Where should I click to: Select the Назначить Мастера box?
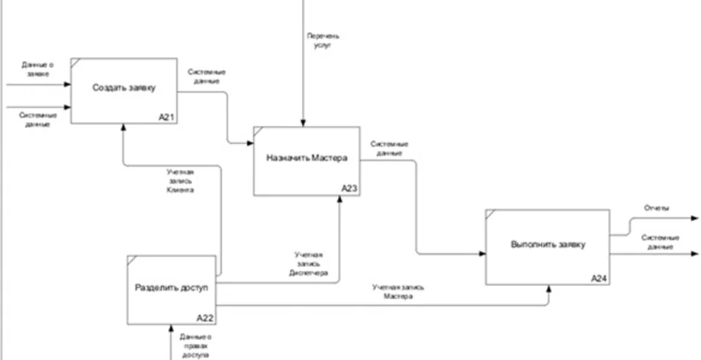pyautogui.click(x=307, y=159)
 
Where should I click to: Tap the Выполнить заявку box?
pyautogui.click(x=547, y=245)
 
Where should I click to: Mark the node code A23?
pyautogui.click(x=349, y=188)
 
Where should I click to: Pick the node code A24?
pyautogui.click(x=599, y=279)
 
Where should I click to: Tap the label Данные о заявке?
pyautogui.click(x=37, y=69)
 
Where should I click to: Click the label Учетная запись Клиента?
pyautogui.click(x=180, y=181)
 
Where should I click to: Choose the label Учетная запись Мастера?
pyautogui.click(x=398, y=292)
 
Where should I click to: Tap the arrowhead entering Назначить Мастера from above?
pyautogui.click(x=304, y=123)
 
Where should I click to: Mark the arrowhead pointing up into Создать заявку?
pyautogui.click(x=124, y=129)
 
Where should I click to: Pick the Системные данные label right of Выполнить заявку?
pyautogui.click(x=658, y=242)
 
